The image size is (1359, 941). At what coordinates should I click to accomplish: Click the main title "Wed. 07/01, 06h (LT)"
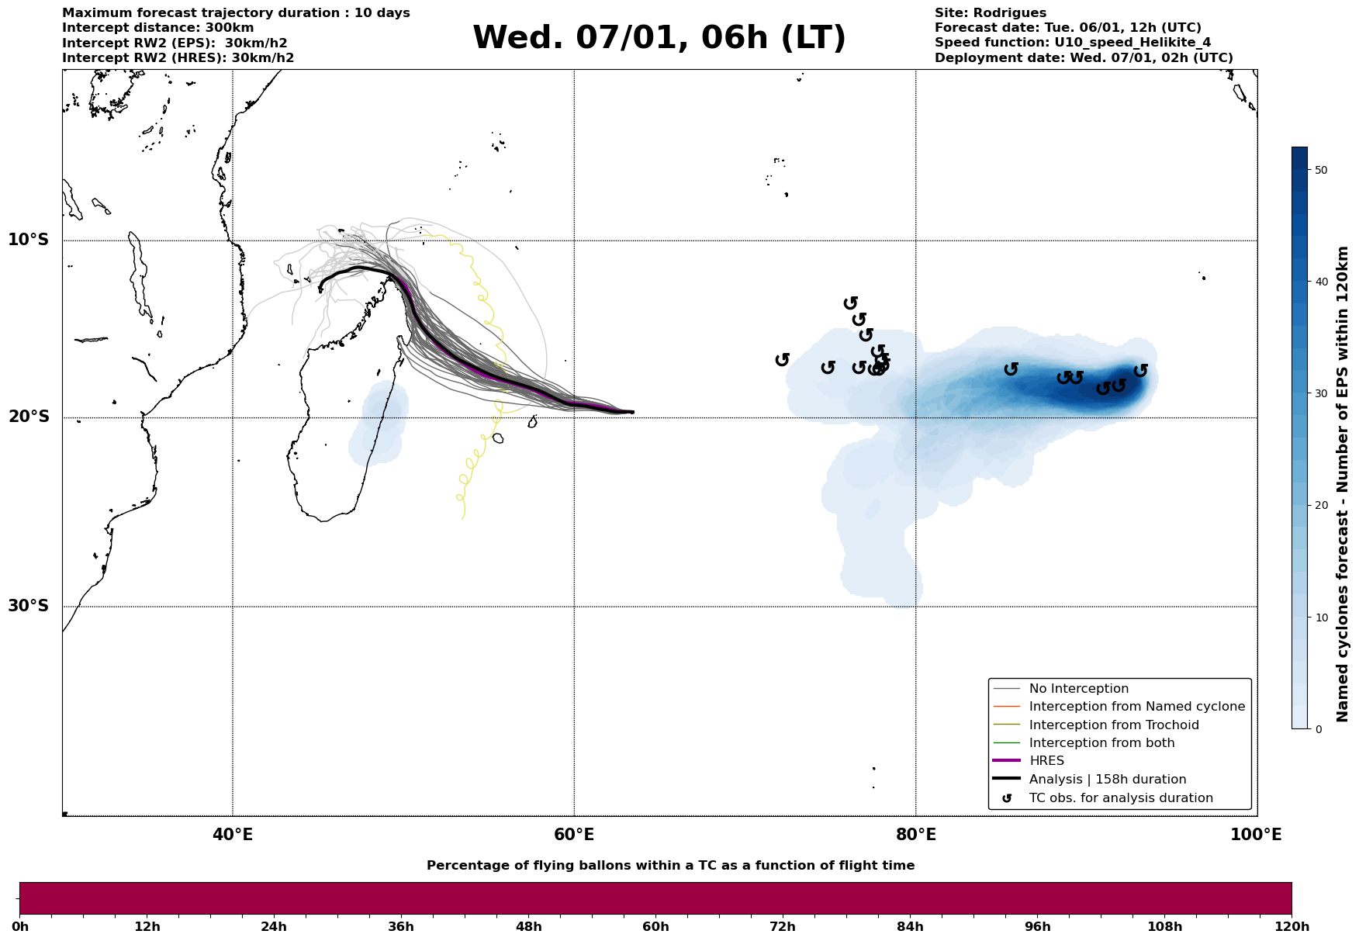[x=659, y=38]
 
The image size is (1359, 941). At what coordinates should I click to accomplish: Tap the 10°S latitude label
[x=29, y=240]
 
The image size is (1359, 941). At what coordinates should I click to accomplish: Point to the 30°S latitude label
[x=29, y=606]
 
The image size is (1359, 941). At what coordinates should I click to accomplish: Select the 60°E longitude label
[x=574, y=835]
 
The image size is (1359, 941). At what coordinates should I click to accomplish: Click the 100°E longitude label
[x=1256, y=835]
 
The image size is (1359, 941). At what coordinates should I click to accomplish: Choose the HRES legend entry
[x=1046, y=761]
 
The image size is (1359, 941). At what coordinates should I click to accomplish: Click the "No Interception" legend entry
[x=1078, y=689]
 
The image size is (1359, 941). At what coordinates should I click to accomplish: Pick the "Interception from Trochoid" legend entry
[x=1113, y=725]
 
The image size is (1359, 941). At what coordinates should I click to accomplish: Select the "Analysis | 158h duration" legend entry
[x=1107, y=780]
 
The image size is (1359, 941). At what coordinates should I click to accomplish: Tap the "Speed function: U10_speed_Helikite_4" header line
[x=1072, y=43]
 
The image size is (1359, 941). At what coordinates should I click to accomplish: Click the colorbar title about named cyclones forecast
[x=1343, y=484]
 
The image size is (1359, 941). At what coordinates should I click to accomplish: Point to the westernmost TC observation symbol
[x=783, y=359]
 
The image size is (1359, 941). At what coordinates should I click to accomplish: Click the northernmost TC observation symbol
[x=851, y=303]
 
